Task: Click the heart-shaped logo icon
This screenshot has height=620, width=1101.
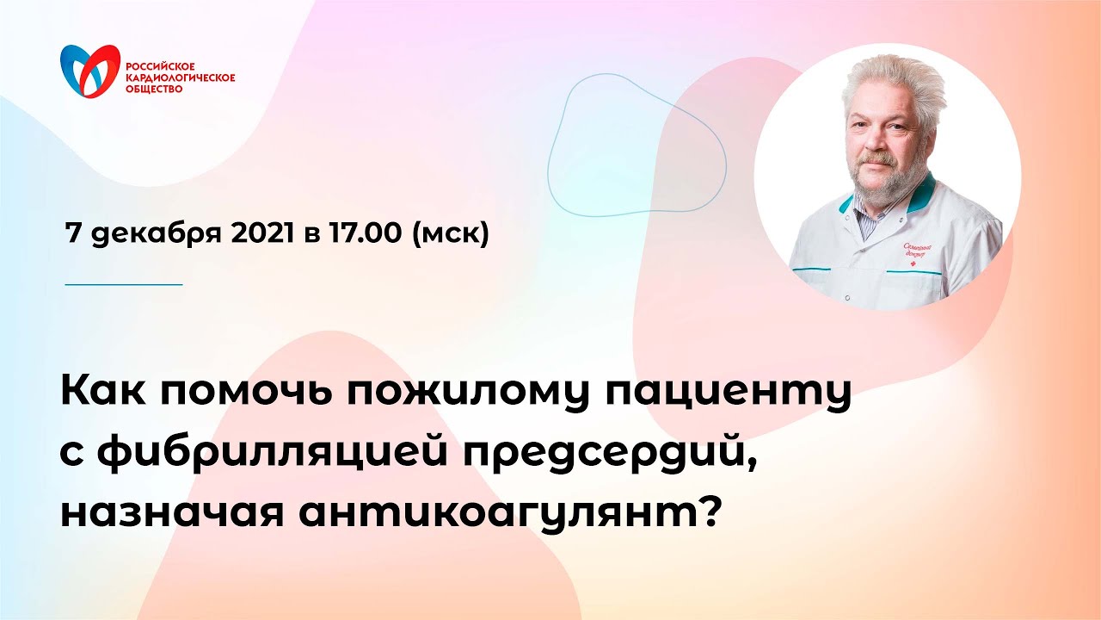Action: coord(89,72)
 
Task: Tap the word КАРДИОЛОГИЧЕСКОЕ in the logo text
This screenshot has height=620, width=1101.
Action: coord(180,77)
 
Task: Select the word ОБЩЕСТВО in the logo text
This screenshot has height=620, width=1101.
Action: coord(154,88)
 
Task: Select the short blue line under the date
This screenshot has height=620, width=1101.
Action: coord(125,283)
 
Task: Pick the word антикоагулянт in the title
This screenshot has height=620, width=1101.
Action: coord(486,513)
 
